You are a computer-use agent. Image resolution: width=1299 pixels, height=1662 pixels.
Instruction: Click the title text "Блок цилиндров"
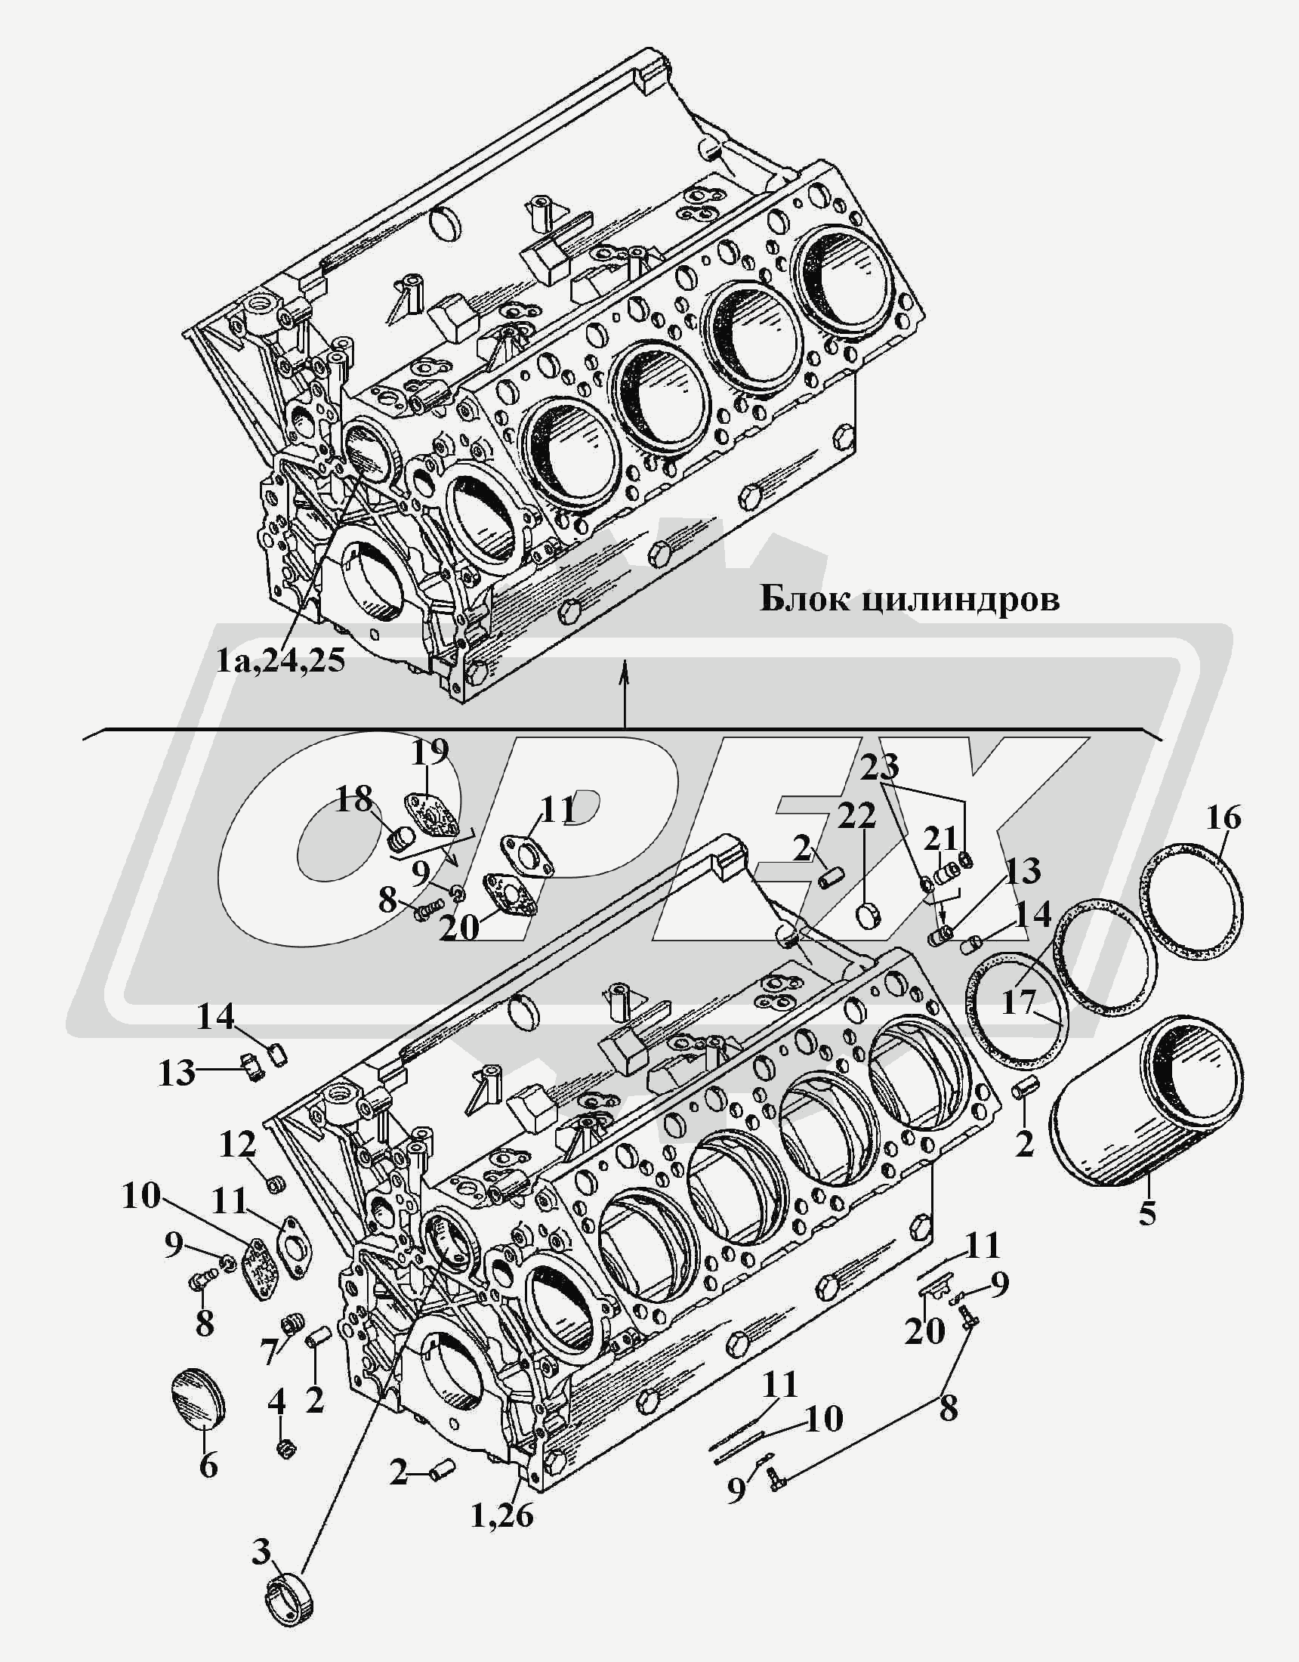909,600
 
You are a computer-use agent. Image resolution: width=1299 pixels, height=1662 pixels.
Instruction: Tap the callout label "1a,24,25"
280,660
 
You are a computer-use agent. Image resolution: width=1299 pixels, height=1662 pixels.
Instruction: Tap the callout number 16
1223,818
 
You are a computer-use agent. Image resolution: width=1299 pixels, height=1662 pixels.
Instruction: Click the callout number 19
430,753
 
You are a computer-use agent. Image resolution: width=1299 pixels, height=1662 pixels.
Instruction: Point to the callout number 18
355,799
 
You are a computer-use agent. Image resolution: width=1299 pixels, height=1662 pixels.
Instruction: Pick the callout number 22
858,817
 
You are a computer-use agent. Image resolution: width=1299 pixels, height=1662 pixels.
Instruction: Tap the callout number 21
940,839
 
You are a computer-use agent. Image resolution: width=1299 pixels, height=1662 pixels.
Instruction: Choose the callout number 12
238,1144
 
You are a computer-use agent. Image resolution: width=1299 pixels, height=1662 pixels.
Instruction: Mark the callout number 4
276,1400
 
